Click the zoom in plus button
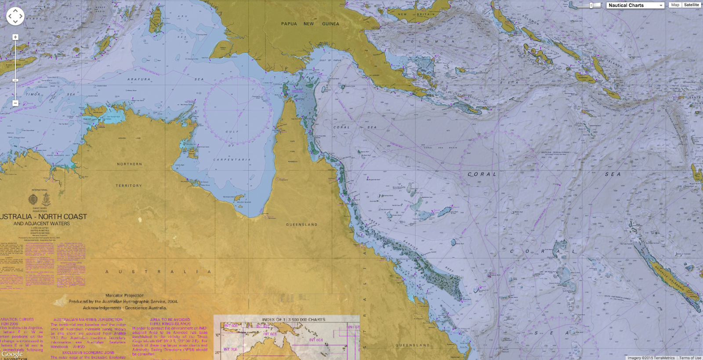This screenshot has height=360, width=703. click(15, 37)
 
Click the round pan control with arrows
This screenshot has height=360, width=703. click(15, 16)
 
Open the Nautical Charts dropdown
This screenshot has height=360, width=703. click(635, 5)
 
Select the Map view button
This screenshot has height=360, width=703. click(675, 5)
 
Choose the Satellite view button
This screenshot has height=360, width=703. click(691, 5)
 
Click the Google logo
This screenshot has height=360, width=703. click(12, 354)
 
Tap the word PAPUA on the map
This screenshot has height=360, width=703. click(289, 24)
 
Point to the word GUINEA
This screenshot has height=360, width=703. click(330, 24)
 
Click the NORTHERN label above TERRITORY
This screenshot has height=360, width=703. click(129, 164)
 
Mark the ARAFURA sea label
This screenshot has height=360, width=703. click(139, 80)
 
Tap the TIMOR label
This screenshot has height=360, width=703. click(33, 94)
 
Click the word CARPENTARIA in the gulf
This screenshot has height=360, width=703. click(232, 160)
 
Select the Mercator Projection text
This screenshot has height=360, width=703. click(124, 295)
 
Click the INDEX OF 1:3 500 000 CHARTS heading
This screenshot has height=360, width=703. click(294, 320)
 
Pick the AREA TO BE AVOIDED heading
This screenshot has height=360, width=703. click(170, 320)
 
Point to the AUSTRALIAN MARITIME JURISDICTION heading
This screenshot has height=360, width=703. click(88, 320)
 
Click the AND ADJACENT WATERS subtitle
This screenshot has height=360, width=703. click(42, 224)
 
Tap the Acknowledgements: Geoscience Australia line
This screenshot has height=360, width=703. click(125, 308)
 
